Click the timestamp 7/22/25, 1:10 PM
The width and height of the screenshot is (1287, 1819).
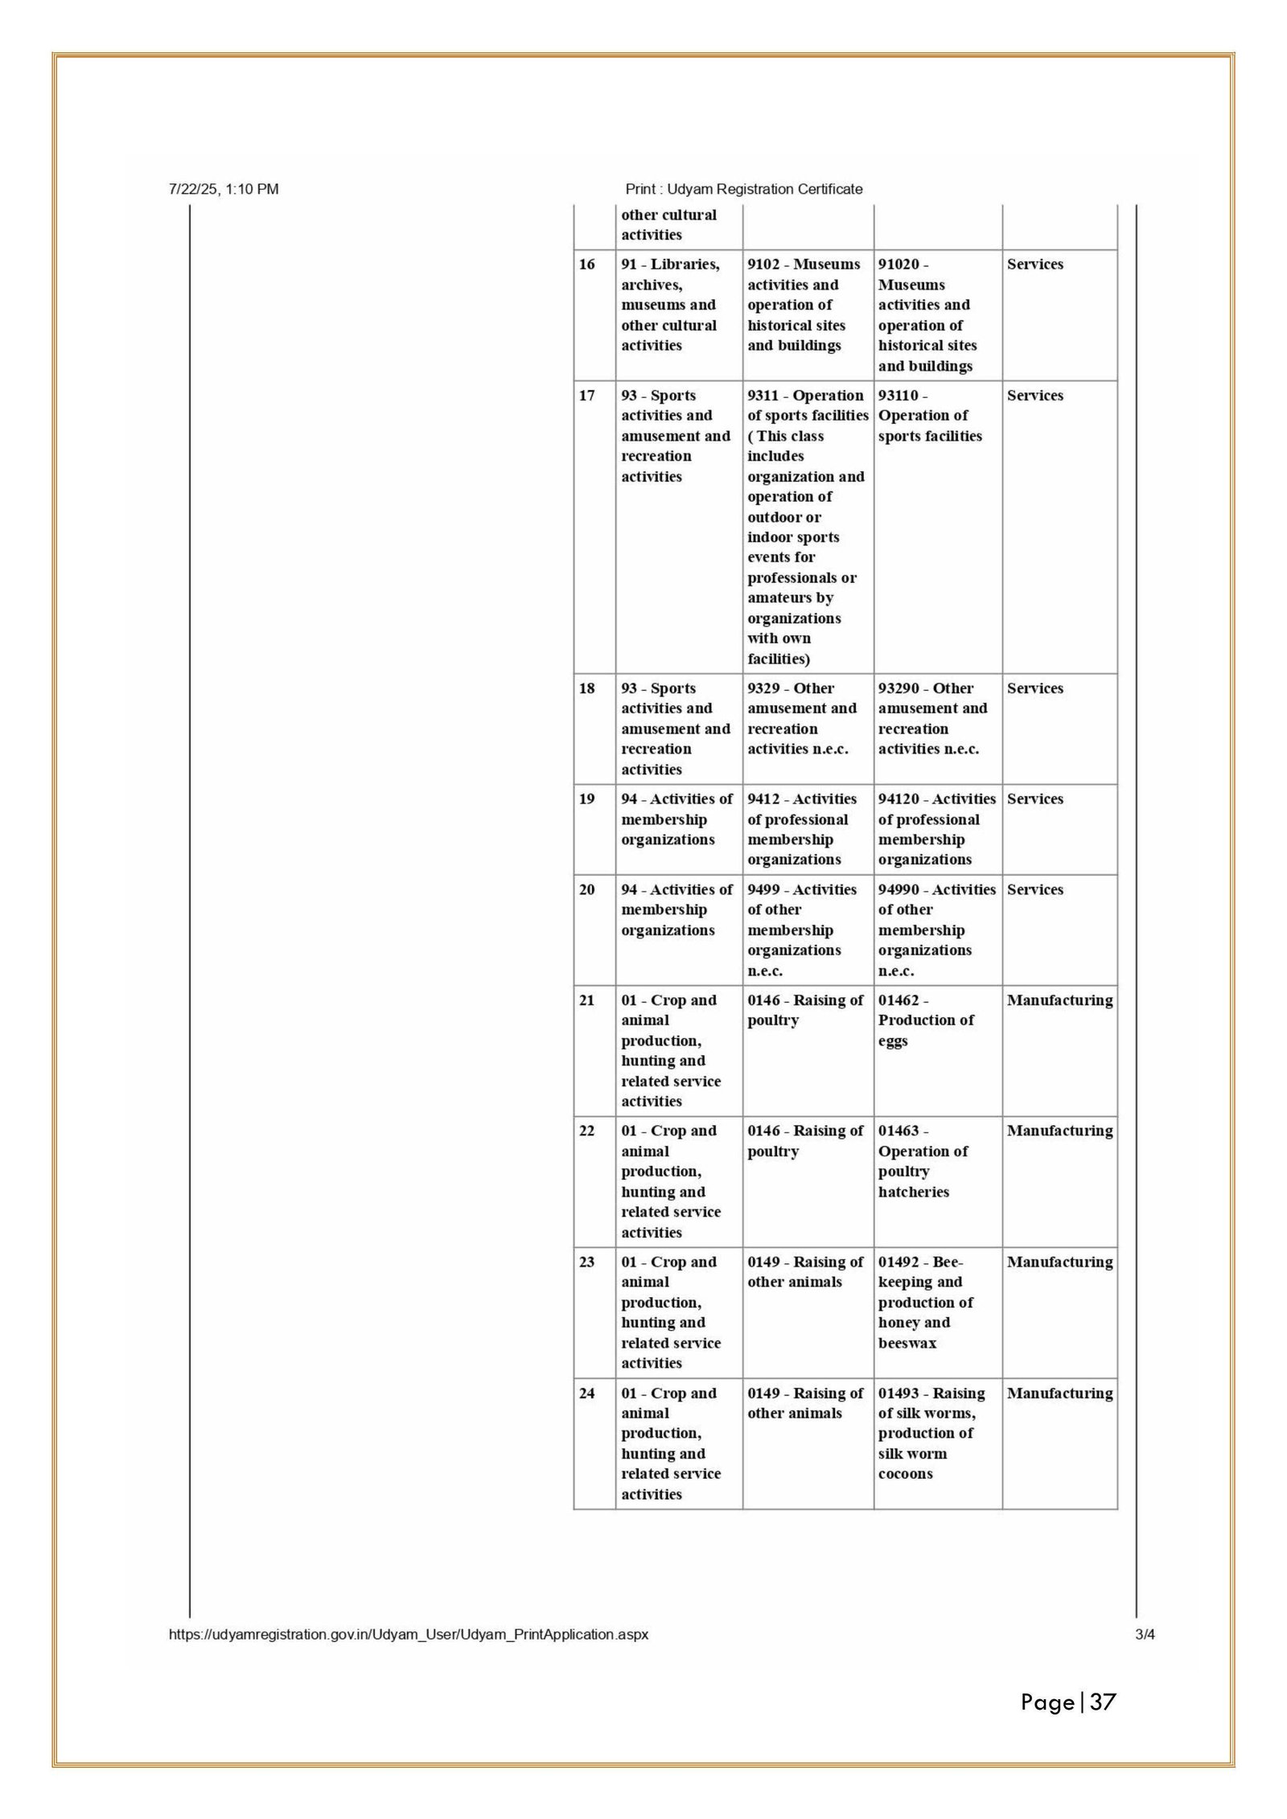(224, 190)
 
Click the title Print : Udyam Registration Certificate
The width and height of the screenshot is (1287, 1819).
(743, 190)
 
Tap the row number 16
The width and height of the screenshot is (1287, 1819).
(587, 265)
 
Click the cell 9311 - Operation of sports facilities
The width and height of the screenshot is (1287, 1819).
(807, 527)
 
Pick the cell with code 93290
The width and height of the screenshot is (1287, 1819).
(932, 719)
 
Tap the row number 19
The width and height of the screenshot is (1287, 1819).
(587, 799)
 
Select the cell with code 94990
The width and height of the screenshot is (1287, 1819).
(936, 930)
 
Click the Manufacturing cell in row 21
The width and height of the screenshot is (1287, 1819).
(1059, 1000)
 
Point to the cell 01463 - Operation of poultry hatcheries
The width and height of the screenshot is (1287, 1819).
(923, 1161)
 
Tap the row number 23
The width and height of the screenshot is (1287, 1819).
(587, 1263)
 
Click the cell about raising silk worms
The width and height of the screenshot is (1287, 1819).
(931, 1433)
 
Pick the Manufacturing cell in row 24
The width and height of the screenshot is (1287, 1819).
(1059, 1394)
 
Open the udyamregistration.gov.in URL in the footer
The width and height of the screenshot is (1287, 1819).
(409, 1635)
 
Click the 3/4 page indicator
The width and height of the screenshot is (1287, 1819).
(1145, 1635)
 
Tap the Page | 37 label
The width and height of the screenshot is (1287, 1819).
(1068, 1702)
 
